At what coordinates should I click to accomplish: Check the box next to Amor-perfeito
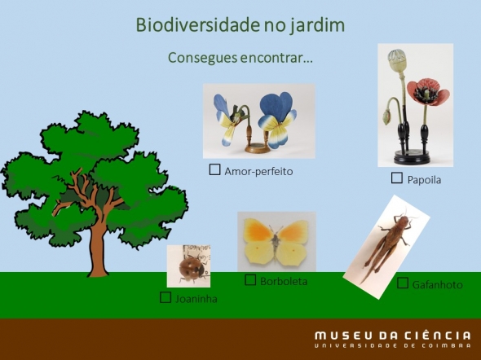[x=214, y=169]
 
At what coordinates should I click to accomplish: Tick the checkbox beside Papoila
[x=397, y=178]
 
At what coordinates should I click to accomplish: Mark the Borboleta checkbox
[x=250, y=279]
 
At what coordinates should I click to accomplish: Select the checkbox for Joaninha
[x=165, y=297]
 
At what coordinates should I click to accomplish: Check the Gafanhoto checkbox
[x=403, y=283]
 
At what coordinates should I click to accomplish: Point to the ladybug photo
[x=188, y=266]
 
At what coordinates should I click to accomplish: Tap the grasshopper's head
[x=403, y=220]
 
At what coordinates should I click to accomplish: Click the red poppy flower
[x=428, y=91]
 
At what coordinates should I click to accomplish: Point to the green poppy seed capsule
[x=397, y=59]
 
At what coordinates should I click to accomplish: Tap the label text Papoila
[x=424, y=180]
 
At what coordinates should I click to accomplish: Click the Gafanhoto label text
[x=438, y=285]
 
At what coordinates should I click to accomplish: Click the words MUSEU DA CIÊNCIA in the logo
[x=393, y=336]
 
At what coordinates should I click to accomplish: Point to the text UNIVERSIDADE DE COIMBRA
[x=393, y=346]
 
